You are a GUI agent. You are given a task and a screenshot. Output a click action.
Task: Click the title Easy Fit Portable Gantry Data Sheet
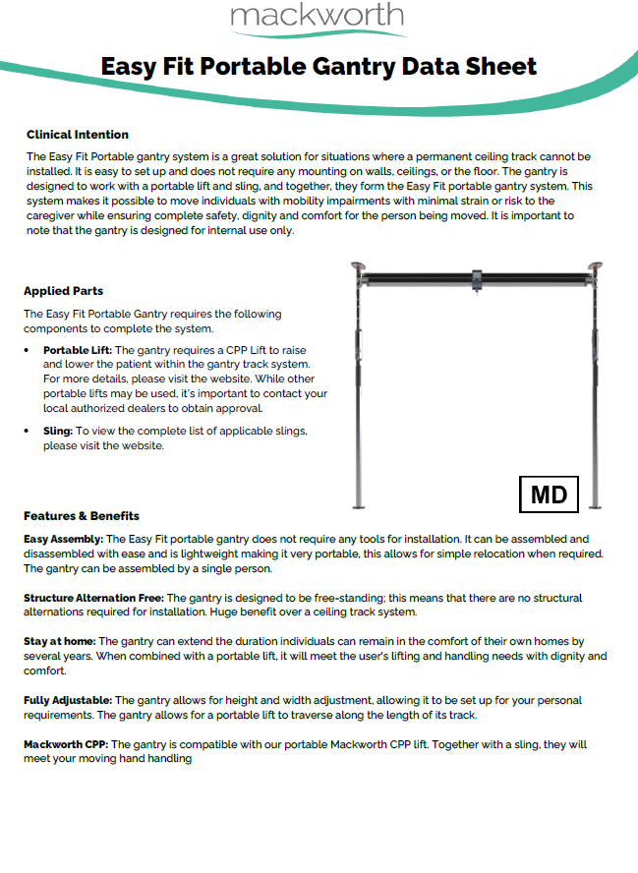coord(319,67)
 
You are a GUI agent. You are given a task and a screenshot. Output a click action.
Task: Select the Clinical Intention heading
coord(78,135)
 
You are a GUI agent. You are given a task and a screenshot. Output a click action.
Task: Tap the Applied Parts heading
coord(63,291)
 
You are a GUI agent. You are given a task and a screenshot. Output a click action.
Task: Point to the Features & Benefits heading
coord(82,516)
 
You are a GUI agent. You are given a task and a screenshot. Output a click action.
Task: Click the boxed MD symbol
coord(549,495)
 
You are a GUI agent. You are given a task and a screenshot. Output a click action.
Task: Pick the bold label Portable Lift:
coord(78,350)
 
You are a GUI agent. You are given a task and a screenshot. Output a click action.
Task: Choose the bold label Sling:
coord(57,431)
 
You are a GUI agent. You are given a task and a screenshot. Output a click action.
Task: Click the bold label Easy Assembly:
coord(63,540)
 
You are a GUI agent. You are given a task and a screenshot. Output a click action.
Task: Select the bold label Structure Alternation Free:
coord(93,598)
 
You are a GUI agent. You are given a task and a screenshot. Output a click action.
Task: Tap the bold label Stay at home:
coord(59,641)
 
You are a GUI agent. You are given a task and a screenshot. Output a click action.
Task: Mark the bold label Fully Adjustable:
coord(68,701)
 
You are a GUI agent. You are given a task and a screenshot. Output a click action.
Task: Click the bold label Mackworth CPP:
coord(66,745)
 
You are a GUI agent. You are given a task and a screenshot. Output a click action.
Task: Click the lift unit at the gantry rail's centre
coord(477,280)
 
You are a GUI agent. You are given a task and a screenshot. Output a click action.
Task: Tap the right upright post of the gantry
coord(596,393)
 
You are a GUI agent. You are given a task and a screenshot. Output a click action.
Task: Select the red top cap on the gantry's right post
coord(596,265)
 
